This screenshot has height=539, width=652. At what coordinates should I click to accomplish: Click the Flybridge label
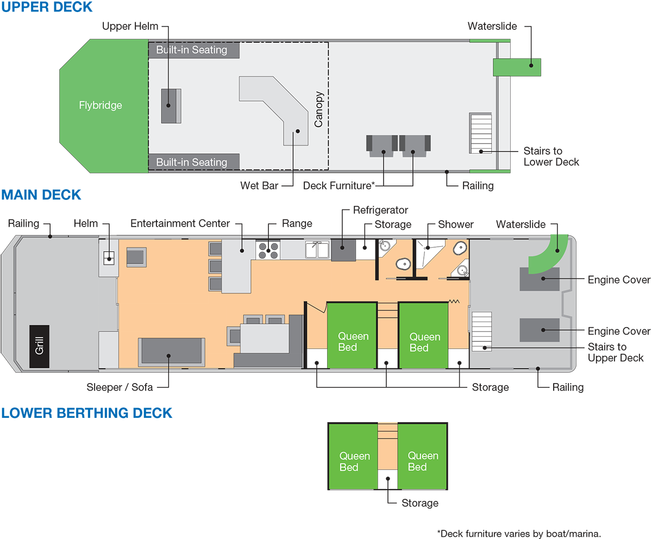(101, 105)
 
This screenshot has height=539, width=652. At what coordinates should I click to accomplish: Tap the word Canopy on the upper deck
(319, 109)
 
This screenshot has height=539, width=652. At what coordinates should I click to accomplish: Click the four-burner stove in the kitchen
(267, 249)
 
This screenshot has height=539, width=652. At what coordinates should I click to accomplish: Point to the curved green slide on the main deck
(549, 254)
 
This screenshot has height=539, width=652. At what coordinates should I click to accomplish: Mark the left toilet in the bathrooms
(403, 265)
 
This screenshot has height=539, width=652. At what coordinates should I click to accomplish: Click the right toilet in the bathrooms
(460, 248)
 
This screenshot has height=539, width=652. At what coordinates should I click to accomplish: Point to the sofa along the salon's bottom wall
(171, 352)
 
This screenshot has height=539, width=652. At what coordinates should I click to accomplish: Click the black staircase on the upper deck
(481, 133)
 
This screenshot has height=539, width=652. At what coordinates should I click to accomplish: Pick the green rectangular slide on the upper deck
(517, 67)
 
